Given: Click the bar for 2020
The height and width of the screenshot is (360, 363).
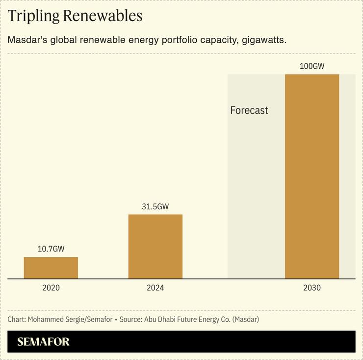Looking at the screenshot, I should point(51,268).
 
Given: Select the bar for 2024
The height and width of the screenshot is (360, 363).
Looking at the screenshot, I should point(156,247).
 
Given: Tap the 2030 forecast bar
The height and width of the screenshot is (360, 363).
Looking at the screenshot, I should point(312,177).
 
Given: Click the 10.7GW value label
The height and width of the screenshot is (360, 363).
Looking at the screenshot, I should point(51,249).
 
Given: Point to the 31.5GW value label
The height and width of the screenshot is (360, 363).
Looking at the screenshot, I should point(156,207).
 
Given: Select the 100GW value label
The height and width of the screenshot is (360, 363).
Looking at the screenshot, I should point(312,66).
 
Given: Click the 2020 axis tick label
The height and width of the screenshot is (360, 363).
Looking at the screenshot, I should point(51,288).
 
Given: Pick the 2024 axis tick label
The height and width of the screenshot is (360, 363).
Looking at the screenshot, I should point(156,288).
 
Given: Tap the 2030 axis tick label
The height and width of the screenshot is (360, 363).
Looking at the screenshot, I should point(312,288).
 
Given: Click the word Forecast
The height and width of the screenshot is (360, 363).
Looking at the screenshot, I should point(249,111).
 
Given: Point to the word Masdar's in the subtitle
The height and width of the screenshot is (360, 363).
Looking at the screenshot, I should point(26,39).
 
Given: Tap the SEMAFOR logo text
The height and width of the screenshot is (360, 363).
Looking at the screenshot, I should point(43,342).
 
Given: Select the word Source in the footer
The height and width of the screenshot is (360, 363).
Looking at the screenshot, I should point(130,320).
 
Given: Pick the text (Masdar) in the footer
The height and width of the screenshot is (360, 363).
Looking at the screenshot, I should point(246,320).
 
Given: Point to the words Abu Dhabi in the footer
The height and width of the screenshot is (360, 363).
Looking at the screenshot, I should point(158,320).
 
